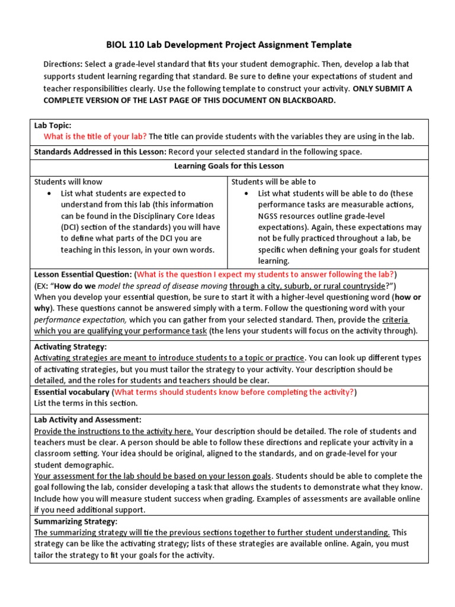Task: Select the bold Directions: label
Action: point(63,64)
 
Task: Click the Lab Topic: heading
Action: point(53,126)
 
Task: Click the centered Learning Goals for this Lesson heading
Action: point(229,166)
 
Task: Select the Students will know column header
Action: point(68,182)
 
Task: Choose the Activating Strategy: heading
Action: point(71,347)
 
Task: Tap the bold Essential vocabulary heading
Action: point(72,392)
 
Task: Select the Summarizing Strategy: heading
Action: point(76,521)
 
